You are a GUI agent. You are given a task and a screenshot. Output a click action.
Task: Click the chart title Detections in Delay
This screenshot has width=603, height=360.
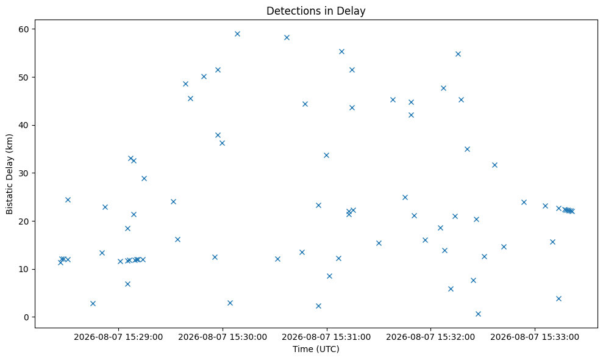click(316, 11)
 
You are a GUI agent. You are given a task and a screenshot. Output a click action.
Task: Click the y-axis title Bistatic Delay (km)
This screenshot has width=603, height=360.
click(10, 174)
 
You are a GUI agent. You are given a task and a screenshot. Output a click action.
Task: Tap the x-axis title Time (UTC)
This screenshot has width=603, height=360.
click(316, 349)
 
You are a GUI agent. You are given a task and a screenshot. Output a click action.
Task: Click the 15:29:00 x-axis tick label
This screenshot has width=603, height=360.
click(118, 337)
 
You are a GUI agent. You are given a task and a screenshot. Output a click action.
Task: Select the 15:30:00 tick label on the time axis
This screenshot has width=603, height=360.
click(223, 337)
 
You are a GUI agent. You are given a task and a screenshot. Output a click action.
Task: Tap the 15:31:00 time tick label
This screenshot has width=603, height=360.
click(326, 337)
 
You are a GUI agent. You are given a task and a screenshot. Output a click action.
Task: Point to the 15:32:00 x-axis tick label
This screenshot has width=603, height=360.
click(430, 337)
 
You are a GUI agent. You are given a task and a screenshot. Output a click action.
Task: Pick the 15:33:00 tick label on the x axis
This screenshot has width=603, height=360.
click(535, 337)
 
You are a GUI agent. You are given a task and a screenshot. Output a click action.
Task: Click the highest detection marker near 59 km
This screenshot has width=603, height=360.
click(237, 34)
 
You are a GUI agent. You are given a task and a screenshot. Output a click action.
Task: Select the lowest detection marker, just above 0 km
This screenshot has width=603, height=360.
click(478, 314)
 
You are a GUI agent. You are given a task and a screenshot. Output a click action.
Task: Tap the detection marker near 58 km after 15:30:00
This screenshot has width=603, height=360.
click(287, 37)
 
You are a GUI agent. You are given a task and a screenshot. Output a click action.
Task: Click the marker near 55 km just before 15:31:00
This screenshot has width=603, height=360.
click(341, 52)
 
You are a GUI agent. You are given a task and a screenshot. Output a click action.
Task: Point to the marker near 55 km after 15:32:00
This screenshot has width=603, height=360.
click(458, 54)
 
